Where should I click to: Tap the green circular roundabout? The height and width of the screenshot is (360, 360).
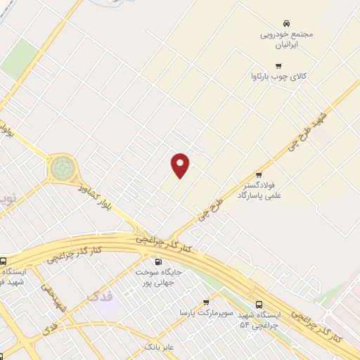pyautogui.click(x=62, y=168)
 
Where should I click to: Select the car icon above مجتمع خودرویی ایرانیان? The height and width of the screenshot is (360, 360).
pyautogui.click(x=286, y=23)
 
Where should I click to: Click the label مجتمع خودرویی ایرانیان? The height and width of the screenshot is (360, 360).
pyautogui.click(x=286, y=39)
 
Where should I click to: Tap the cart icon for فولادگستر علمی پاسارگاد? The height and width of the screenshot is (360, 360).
pyautogui.click(x=259, y=174)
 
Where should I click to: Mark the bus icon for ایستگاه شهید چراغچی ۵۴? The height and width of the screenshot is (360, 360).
pyautogui.click(x=259, y=304)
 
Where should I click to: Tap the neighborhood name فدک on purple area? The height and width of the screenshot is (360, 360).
pyautogui.click(x=101, y=297)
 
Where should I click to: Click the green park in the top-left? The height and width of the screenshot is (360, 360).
pyautogui.click(x=20, y=58)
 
